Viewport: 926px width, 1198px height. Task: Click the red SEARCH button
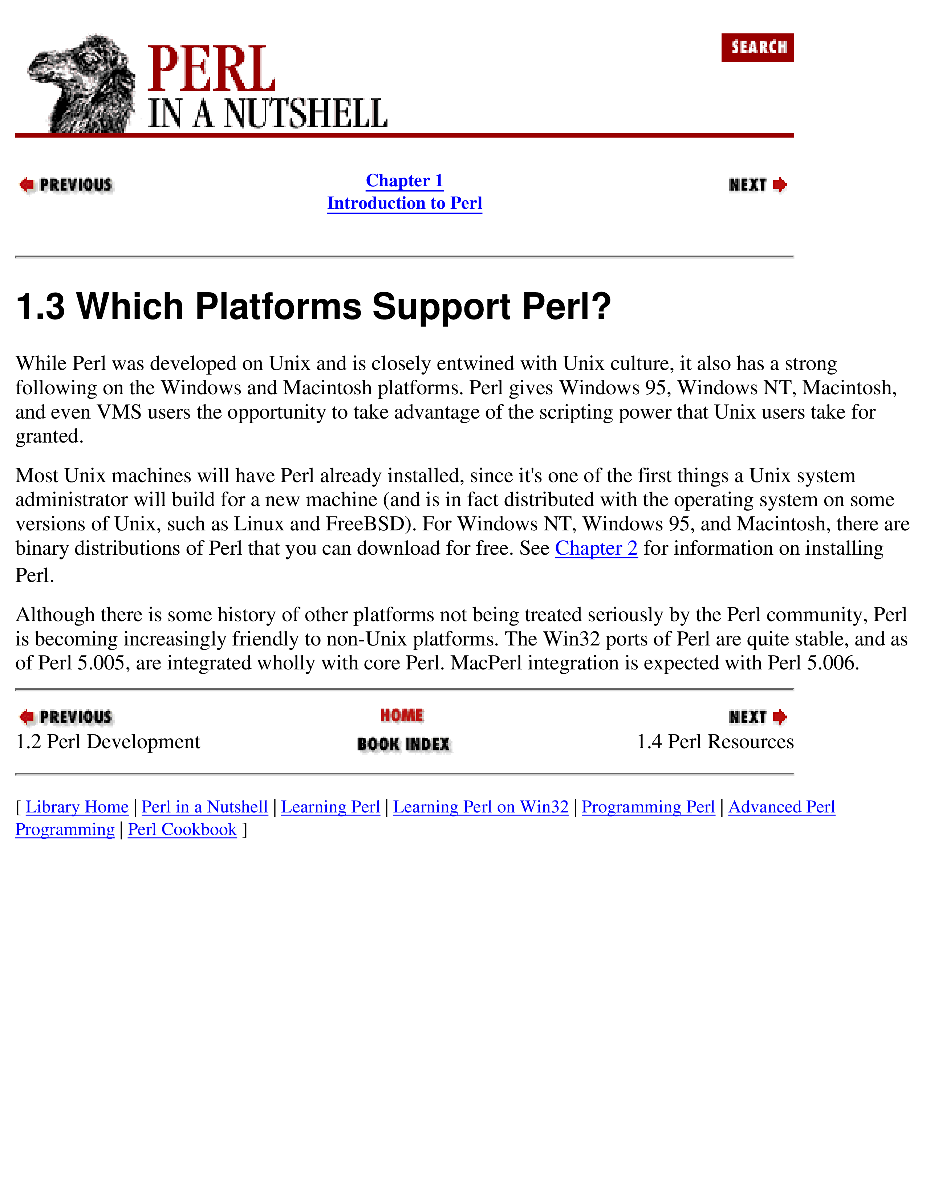click(757, 48)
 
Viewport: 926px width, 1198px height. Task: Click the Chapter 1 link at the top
click(404, 180)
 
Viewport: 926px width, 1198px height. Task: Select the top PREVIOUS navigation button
click(66, 185)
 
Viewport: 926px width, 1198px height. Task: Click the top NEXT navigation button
click(757, 185)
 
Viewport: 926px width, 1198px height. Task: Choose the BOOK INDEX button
click(403, 744)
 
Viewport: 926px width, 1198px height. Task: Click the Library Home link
click(77, 807)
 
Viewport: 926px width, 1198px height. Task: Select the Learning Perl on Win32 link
click(480, 807)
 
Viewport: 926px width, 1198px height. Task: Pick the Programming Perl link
click(648, 807)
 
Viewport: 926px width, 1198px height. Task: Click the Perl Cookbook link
click(182, 830)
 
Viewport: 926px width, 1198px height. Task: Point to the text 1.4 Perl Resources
click(715, 742)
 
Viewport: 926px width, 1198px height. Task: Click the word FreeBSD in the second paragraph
click(365, 524)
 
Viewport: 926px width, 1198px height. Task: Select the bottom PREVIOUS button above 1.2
click(66, 717)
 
